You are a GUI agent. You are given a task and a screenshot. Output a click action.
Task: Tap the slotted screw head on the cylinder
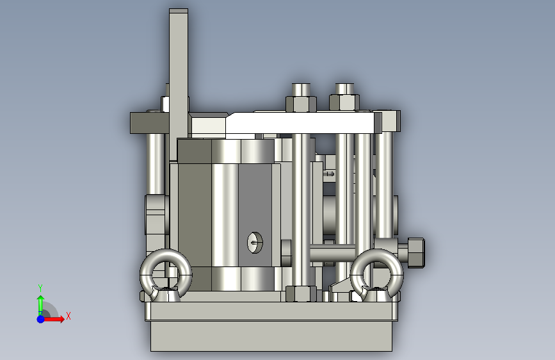tap(255, 242)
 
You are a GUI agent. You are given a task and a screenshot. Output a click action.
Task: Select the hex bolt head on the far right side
tap(416, 252)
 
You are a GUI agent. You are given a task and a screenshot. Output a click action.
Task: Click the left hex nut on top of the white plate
tap(301, 104)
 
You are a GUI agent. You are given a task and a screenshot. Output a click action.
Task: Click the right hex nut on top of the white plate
tap(344, 102)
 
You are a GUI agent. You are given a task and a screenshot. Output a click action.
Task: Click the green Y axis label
tap(40, 288)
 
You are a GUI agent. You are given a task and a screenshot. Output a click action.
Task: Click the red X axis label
tap(68, 316)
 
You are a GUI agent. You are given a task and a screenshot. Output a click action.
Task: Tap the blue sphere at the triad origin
tap(41, 319)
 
